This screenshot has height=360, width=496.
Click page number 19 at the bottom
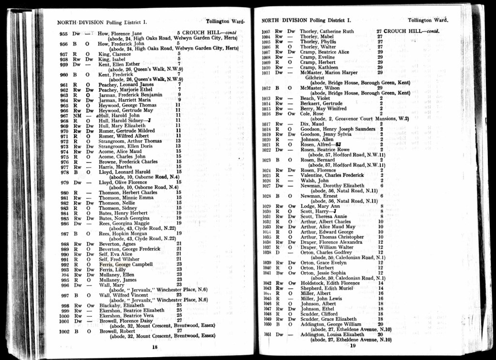(x=353, y=345)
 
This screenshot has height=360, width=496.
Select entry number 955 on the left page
(x=63, y=34)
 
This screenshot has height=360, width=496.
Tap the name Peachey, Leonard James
(x=126, y=85)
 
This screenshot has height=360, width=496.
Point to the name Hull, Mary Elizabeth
(x=122, y=125)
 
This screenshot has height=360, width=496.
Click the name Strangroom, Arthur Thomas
(x=130, y=141)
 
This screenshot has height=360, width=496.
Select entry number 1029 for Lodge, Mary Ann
(x=266, y=206)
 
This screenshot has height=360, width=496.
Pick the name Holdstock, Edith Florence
(x=330, y=283)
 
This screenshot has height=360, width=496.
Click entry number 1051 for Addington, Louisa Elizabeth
(x=266, y=334)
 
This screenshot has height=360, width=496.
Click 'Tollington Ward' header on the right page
(x=428, y=20)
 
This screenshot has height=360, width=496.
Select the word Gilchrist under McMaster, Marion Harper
(x=315, y=78)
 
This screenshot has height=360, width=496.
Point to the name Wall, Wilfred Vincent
(x=124, y=295)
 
